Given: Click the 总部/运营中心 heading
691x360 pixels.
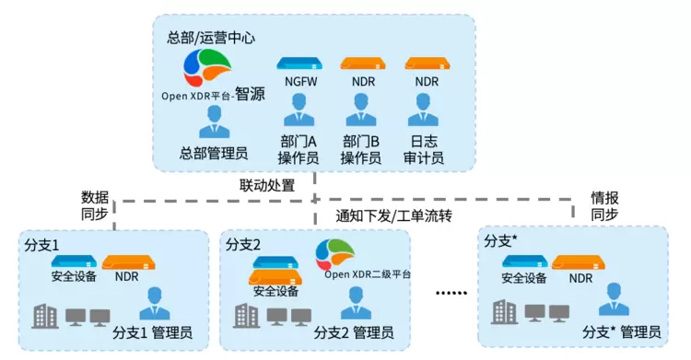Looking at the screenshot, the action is click(211, 38).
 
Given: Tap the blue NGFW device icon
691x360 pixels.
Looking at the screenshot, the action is click(299, 64).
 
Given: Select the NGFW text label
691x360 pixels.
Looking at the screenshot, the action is click(300, 82).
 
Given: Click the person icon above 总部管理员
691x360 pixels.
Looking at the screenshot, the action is click(214, 122).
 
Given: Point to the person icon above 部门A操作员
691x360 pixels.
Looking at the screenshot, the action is click(299, 110).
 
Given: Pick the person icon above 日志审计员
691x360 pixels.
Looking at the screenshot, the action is click(423, 110).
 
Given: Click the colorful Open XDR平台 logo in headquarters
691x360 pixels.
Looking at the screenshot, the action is click(207, 67).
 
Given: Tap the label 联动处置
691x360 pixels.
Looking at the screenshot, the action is click(267, 185).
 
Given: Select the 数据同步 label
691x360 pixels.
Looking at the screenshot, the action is click(95, 205).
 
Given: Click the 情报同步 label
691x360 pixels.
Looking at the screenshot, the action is click(604, 205).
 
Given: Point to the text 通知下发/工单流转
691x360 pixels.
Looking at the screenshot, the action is click(393, 216).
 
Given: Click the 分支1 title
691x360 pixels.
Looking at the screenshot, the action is click(41, 245).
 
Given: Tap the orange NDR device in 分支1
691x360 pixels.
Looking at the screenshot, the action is click(128, 262).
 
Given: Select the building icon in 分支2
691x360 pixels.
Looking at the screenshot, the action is click(247, 316).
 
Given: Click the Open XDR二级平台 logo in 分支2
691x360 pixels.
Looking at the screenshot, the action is click(335, 255).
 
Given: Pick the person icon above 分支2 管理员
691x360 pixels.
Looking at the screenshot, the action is click(356, 303).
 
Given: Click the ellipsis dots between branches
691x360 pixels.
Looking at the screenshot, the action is click(451, 293).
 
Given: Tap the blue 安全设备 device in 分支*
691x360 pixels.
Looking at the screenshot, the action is click(525, 261).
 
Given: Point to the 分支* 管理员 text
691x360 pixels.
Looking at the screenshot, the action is click(622, 332).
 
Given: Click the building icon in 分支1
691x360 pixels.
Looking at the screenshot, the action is click(45, 316).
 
